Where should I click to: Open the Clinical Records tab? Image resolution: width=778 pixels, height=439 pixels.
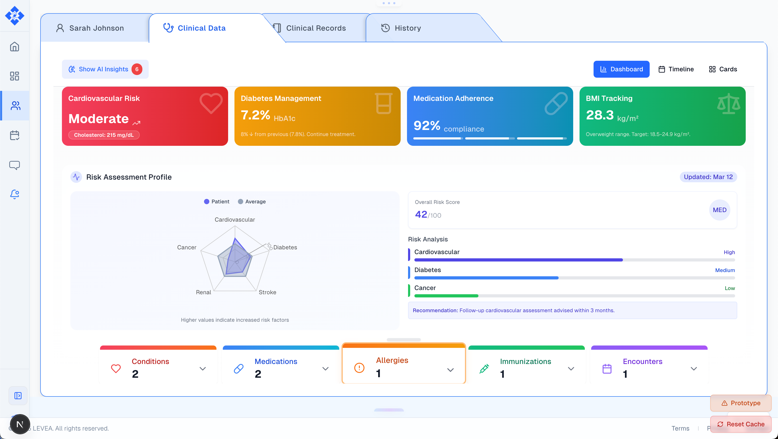click(315, 28)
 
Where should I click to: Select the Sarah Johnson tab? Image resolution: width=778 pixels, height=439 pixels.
click(96, 28)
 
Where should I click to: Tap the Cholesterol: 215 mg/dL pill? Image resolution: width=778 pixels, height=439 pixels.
click(104, 135)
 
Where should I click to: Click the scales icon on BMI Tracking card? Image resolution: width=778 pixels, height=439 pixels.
click(729, 104)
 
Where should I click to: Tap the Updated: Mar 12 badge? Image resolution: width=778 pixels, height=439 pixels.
click(708, 177)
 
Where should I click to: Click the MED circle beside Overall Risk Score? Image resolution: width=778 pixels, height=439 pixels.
click(720, 210)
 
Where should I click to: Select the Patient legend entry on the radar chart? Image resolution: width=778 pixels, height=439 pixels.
click(216, 202)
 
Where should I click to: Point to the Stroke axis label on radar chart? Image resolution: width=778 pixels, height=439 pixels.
click(267, 292)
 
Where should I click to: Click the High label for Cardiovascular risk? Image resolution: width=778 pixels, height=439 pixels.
click(729, 252)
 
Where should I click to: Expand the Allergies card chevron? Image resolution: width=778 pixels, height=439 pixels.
click(450, 370)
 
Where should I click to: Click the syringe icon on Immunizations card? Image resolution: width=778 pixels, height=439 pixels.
click(484, 368)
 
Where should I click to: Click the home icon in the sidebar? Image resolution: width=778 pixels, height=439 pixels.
click(15, 47)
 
